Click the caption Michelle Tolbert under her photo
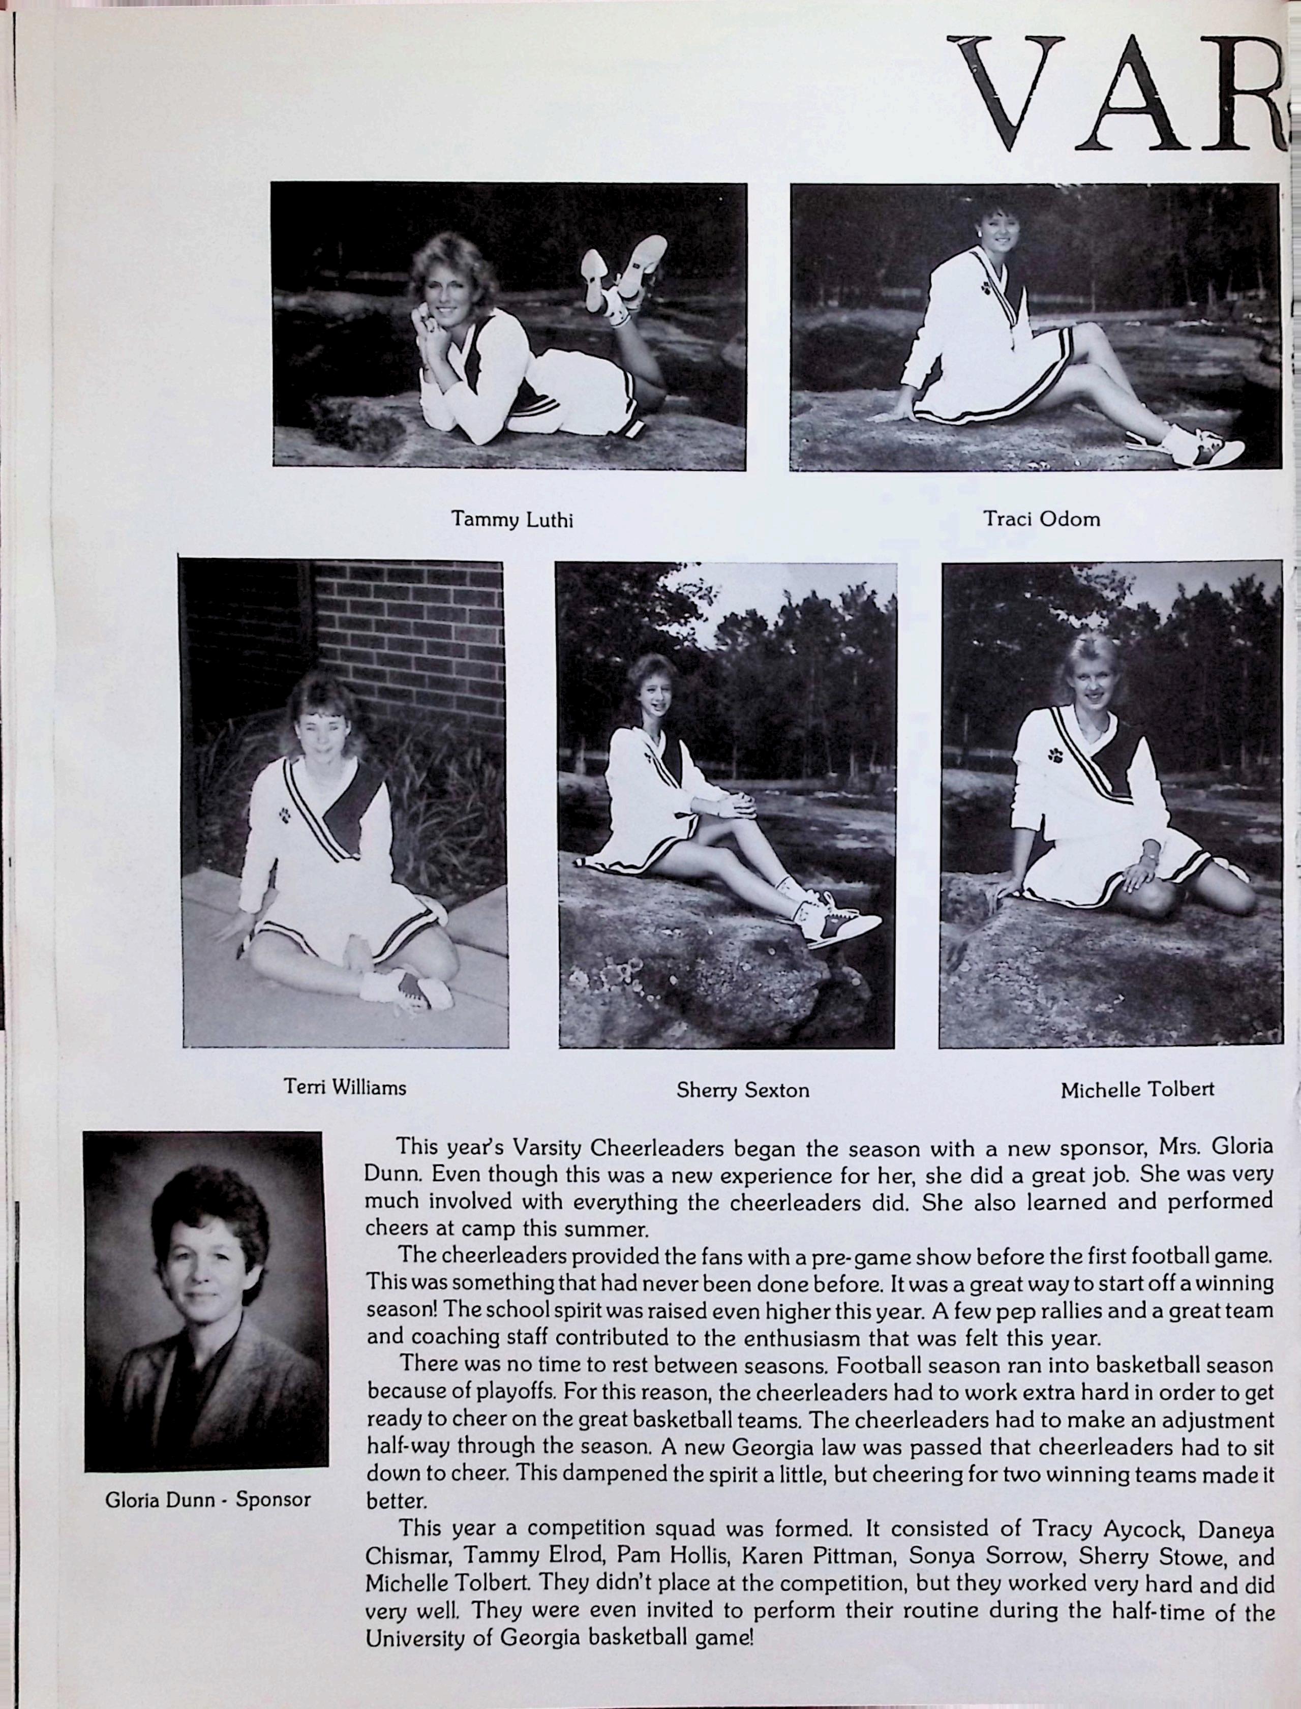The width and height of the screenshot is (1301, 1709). (x=1137, y=1090)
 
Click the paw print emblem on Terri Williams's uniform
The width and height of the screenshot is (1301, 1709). (x=286, y=816)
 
